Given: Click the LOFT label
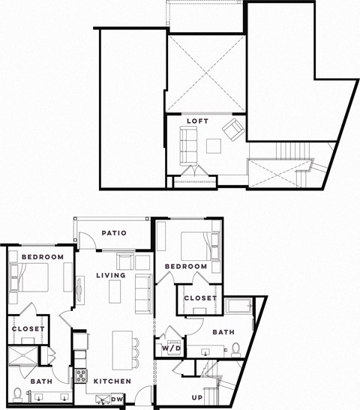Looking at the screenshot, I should click(x=198, y=121).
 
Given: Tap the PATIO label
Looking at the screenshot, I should click(x=112, y=233).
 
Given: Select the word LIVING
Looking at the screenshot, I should click(x=110, y=276).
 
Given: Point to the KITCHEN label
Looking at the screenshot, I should click(x=112, y=382).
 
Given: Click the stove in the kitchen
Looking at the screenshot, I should click(x=81, y=376).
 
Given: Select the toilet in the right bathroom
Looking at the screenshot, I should click(x=236, y=349).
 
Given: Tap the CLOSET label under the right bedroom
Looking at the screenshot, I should click(x=199, y=298).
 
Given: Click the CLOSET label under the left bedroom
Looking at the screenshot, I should click(x=28, y=328).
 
